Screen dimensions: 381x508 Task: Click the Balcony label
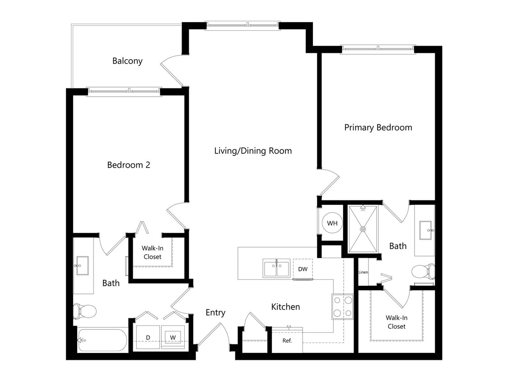click(127, 61)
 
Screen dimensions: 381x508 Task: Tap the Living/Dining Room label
click(253, 151)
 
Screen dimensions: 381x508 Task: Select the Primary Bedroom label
click(378, 127)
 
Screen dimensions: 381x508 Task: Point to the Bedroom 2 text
click(129, 165)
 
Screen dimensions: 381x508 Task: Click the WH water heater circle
click(332, 223)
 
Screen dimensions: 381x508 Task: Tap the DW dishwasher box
click(303, 269)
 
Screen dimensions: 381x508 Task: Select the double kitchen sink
click(276, 269)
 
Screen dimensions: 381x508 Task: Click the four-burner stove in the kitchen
click(342, 307)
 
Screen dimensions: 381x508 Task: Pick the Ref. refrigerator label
click(287, 340)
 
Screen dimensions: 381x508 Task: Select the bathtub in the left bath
click(103, 340)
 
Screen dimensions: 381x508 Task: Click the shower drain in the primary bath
click(363, 229)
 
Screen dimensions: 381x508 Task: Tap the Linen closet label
click(363, 272)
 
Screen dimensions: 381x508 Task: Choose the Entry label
click(215, 312)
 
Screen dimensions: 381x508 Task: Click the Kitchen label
click(285, 307)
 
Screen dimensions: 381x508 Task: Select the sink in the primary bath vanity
click(426, 230)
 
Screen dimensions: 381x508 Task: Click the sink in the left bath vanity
click(82, 265)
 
